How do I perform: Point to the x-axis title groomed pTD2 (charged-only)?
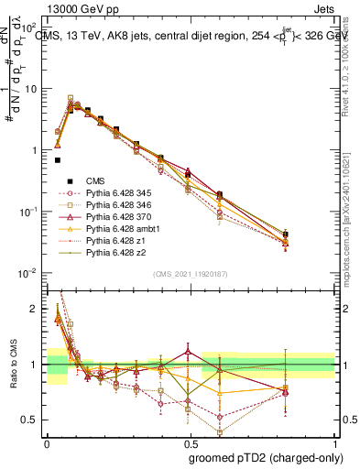click(x=266, y=457)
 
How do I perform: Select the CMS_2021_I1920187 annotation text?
click(x=191, y=275)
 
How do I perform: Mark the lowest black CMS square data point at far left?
click(x=57, y=160)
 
